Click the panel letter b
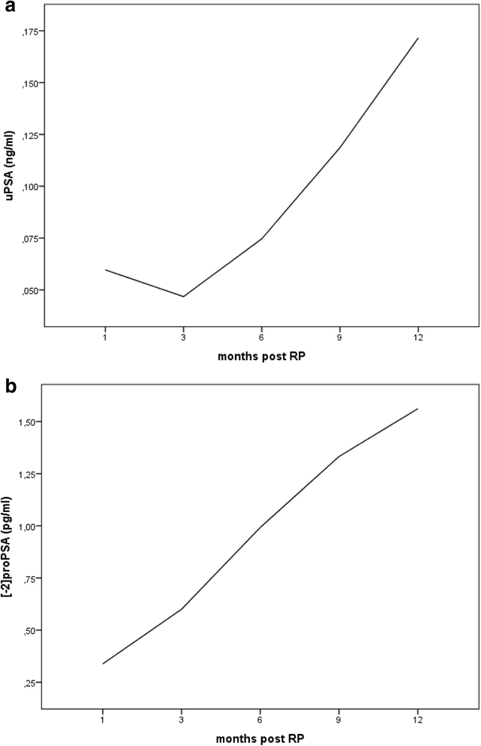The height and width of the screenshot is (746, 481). pyautogui.click(x=9, y=387)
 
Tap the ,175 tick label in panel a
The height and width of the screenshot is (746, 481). pyautogui.click(x=33, y=31)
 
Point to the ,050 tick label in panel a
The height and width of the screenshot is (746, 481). pyautogui.click(x=33, y=290)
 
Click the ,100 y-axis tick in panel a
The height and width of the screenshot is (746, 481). pyautogui.click(x=33, y=186)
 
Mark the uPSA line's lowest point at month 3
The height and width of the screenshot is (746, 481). pyautogui.click(x=183, y=296)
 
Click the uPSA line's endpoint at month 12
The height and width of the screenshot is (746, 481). pyautogui.click(x=418, y=38)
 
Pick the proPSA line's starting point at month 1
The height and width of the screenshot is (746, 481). pyautogui.click(x=103, y=663)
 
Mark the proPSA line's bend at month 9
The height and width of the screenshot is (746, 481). pyautogui.click(x=339, y=456)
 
